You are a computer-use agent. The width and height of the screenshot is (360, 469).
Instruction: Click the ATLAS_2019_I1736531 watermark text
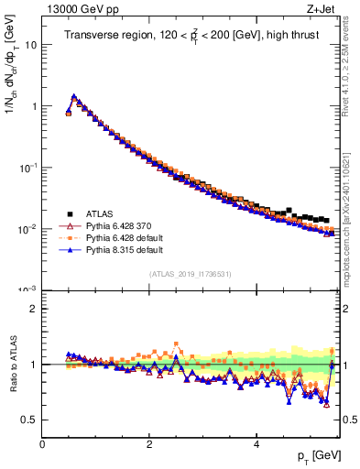pyautogui.click(x=190, y=274)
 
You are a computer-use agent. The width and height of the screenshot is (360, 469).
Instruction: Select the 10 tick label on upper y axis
pyautogui.click(x=30, y=44)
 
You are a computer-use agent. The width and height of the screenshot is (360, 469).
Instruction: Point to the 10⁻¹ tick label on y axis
pyautogui.click(x=27, y=167)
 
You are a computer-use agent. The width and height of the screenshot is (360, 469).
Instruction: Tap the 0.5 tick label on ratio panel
pyautogui.click(x=28, y=420)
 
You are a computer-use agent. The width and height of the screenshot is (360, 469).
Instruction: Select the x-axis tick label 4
pyautogui.click(x=256, y=444)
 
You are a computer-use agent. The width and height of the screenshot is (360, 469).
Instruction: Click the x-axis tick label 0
pyautogui.click(x=42, y=444)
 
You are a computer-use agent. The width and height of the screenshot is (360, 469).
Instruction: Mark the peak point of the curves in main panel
pyautogui.click(x=74, y=95)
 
